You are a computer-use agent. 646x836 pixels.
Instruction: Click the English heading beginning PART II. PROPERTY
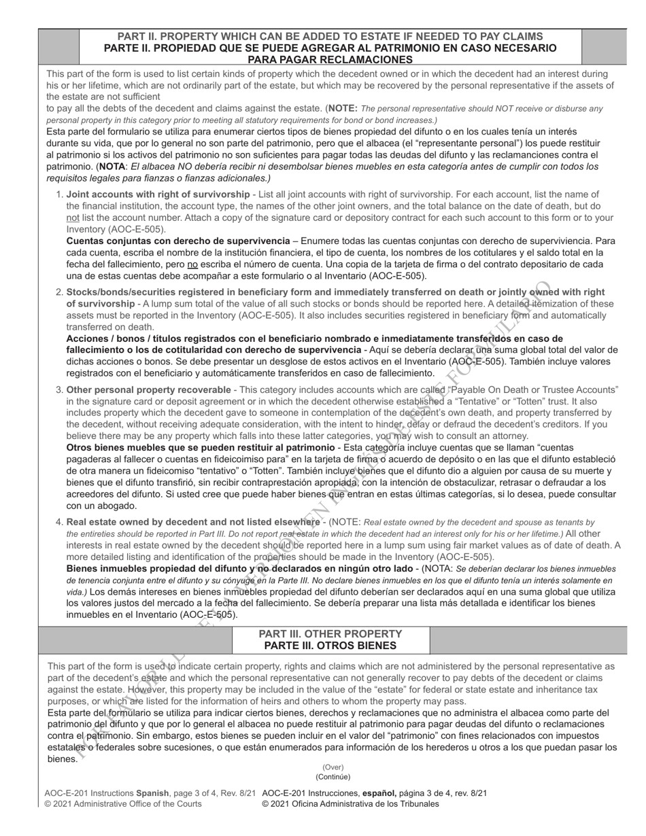pyautogui.click(x=330, y=37)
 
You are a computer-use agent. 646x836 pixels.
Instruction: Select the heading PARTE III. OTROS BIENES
pyautogui.click(x=330, y=646)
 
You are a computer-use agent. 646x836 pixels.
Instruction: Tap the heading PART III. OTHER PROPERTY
pyautogui.click(x=330, y=634)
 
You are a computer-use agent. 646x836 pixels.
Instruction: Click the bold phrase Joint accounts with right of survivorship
pyautogui.click(x=158, y=194)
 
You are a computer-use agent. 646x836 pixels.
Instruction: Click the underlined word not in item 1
pyautogui.click(x=73, y=217)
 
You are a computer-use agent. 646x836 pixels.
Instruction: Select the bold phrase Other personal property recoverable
pyautogui.click(x=148, y=389)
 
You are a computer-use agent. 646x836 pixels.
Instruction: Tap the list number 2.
pyautogui.click(x=59, y=292)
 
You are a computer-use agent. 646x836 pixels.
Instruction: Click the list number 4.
pyautogui.click(x=59, y=522)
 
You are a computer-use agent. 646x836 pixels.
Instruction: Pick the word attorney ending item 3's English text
pyautogui.click(x=511, y=436)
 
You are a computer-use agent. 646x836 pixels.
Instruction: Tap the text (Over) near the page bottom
pyautogui.click(x=333, y=767)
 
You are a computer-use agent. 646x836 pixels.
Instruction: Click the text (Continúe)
pyautogui.click(x=333, y=776)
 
